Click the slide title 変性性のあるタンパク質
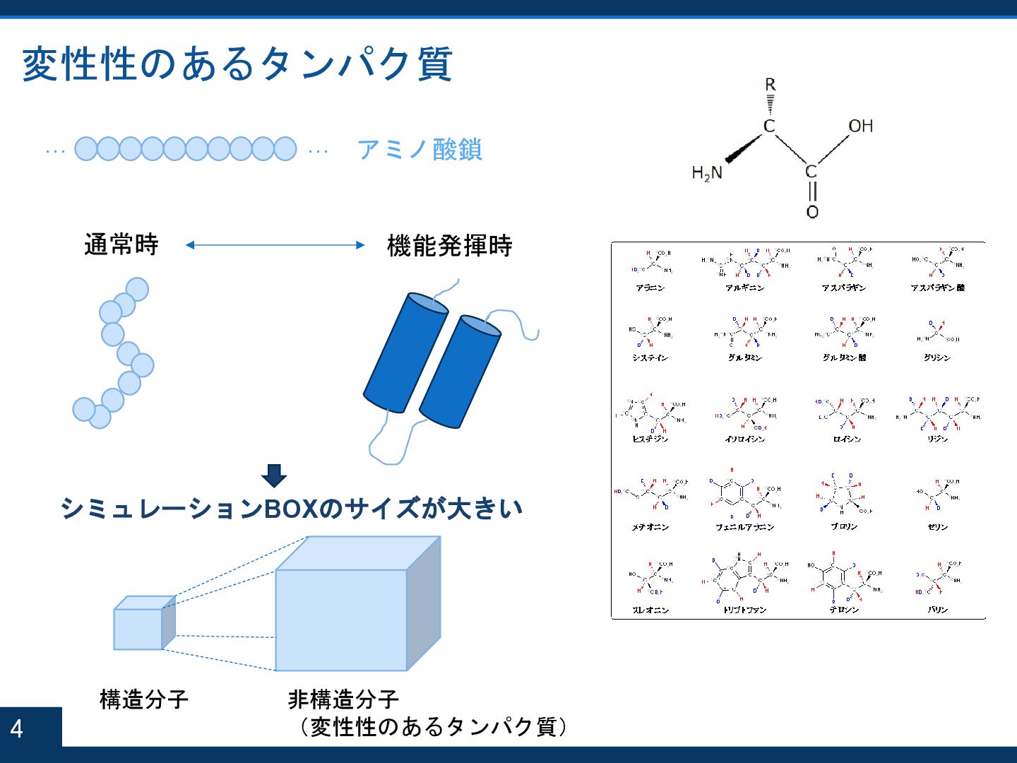point(237,64)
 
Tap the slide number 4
point(17,728)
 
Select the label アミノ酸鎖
point(420,150)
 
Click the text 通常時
point(121,244)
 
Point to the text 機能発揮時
point(449,246)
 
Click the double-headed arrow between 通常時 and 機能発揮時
point(275,245)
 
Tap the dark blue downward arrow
point(274,475)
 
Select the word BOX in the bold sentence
point(291,509)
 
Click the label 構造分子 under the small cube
point(144,699)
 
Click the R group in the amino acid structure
point(770,85)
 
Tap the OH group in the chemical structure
point(860,126)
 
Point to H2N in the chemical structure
point(707,173)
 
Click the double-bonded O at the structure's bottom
point(812,212)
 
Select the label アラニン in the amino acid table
point(650,288)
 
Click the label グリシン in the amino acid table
point(936,358)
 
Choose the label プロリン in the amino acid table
point(844,527)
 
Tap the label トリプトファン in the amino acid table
point(744,610)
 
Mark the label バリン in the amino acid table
point(937,610)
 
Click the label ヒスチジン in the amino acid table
point(650,439)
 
